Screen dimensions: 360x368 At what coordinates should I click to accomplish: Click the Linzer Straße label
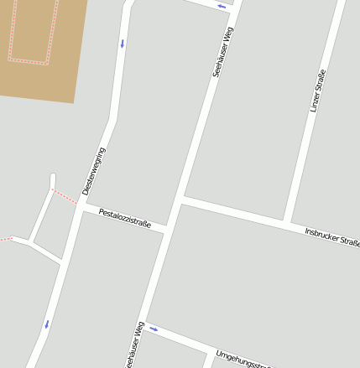pyautogui.click(x=317, y=91)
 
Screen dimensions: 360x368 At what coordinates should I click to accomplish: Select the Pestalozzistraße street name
pyautogui.click(x=124, y=218)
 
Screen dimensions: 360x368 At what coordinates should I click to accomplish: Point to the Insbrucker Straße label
pyautogui.click(x=331, y=237)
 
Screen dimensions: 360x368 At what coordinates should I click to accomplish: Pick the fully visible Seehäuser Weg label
pyautogui.click(x=222, y=52)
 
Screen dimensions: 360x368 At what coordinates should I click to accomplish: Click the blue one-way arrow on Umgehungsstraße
pyautogui.click(x=154, y=329)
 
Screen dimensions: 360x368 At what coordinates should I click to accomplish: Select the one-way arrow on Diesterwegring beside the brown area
pyautogui.click(x=122, y=43)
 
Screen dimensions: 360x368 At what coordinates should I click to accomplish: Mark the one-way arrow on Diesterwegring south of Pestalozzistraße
pyautogui.click(x=46, y=324)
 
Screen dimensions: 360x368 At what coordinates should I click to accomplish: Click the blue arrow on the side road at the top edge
pyautogui.click(x=222, y=7)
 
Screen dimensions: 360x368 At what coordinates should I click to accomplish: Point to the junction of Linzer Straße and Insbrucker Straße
pyautogui.click(x=288, y=222)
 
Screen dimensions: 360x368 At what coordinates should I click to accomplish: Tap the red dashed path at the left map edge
pyautogui.click(x=5, y=239)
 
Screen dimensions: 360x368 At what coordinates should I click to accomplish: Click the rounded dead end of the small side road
pyautogui.click(x=52, y=177)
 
